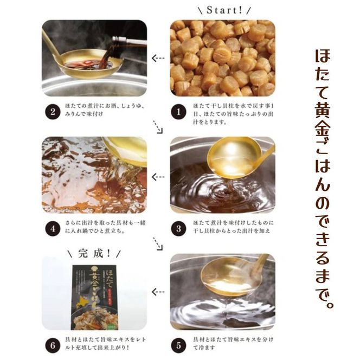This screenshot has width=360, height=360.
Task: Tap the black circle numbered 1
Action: [x=179, y=112]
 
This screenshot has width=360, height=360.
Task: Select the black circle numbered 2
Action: [x=53, y=112]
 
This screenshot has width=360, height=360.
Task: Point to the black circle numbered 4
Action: [x=53, y=228]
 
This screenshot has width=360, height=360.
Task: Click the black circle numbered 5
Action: [x=179, y=344]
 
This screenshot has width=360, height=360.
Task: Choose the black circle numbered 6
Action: [x=53, y=344]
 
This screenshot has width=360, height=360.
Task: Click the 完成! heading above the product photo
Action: [x=94, y=253]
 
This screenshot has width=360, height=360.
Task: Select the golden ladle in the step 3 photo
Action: [x=239, y=157]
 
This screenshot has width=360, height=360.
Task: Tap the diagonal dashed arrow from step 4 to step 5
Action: [x=158, y=243]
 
